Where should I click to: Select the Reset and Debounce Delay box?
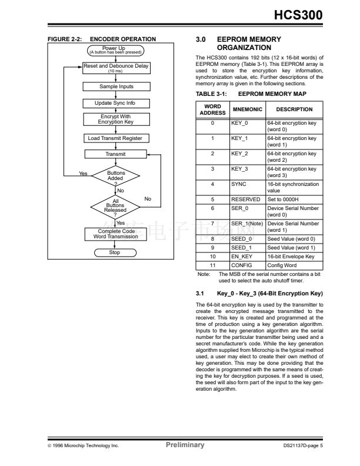click(115, 67)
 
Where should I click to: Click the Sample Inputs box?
click(115, 86)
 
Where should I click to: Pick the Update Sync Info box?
click(115, 103)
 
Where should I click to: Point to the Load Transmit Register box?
click(115, 138)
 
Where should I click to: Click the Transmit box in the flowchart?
click(115, 154)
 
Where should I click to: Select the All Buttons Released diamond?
click(115, 205)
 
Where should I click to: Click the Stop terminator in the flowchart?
click(115, 253)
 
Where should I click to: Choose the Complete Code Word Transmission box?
click(115, 234)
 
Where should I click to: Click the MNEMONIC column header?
click(247, 109)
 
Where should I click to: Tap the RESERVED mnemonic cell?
click(247, 199)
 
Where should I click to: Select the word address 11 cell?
click(212, 265)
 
